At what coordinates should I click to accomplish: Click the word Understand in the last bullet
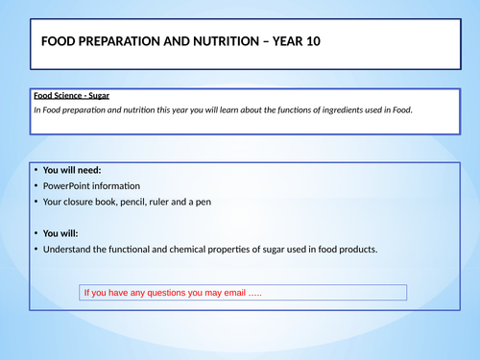(71, 250)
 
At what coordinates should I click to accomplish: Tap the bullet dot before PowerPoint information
(36, 186)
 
